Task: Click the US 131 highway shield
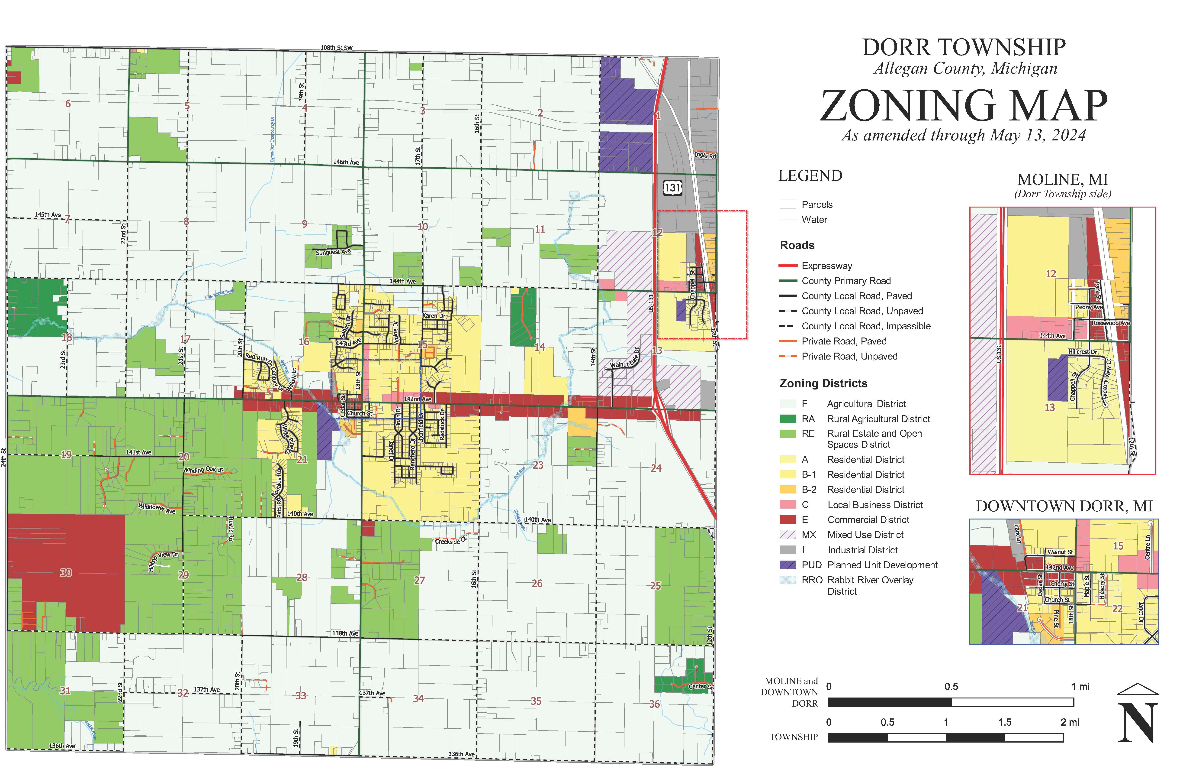point(672,188)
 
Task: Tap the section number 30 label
point(66,572)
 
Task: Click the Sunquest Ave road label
point(333,252)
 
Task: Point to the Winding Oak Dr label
point(203,470)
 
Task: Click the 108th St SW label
point(337,48)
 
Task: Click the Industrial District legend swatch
point(788,550)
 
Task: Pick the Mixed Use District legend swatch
point(788,535)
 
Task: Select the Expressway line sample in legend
point(788,266)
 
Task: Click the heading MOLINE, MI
point(1063,179)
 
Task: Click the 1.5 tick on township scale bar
point(1005,722)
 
